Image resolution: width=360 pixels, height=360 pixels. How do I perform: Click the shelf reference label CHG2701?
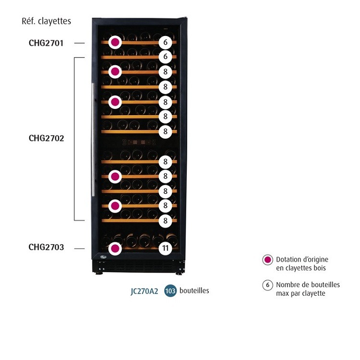[x=46, y=43]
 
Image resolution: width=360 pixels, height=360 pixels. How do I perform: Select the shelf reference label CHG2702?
[x=46, y=138]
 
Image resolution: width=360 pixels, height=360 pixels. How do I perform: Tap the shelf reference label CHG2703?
[x=46, y=248]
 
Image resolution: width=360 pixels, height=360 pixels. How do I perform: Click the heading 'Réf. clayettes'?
[x=47, y=21]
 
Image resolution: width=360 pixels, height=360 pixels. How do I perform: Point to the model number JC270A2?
[x=144, y=291]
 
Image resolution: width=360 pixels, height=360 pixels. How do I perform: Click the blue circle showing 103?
[x=170, y=291]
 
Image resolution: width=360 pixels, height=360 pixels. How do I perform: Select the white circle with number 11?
[x=165, y=249]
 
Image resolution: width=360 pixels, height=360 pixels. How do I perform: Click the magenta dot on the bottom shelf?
[x=115, y=249]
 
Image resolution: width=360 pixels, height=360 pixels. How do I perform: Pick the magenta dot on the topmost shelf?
[x=115, y=42]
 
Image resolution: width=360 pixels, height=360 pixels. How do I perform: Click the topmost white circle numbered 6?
[x=165, y=42]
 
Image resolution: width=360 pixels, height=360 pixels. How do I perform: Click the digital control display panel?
[x=136, y=143]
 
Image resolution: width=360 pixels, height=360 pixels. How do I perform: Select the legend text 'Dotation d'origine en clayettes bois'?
[x=302, y=264]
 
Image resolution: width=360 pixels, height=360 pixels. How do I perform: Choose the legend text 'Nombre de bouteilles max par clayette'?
[x=308, y=289]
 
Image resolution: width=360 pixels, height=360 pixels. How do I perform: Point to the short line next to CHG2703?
[x=80, y=248]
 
